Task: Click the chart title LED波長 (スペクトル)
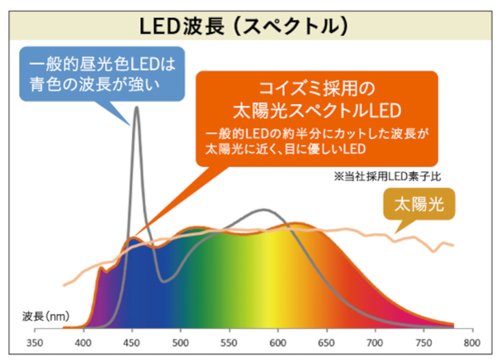pyautogui.click(x=244, y=26)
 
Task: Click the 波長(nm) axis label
pyautogui.click(x=46, y=316)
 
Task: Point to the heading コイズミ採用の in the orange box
pyautogui.click(x=317, y=88)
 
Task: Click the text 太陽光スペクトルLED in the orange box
pyautogui.click(x=317, y=110)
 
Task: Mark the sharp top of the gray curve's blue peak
pyautogui.click(x=136, y=107)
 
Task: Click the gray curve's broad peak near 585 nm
pyautogui.click(x=264, y=209)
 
